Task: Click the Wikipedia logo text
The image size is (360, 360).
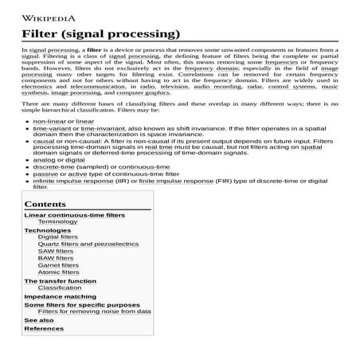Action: [49, 16]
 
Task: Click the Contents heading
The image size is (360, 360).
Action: [45, 205]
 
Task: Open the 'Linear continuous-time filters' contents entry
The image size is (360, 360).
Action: [75, 215]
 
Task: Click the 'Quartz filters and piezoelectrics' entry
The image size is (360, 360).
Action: [88, 244]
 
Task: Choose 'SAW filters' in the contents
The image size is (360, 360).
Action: [56, 251]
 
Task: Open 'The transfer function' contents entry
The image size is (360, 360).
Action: [61, 280]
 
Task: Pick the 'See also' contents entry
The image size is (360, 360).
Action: [39, 320]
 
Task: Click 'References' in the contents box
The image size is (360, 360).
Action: [44, 328]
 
